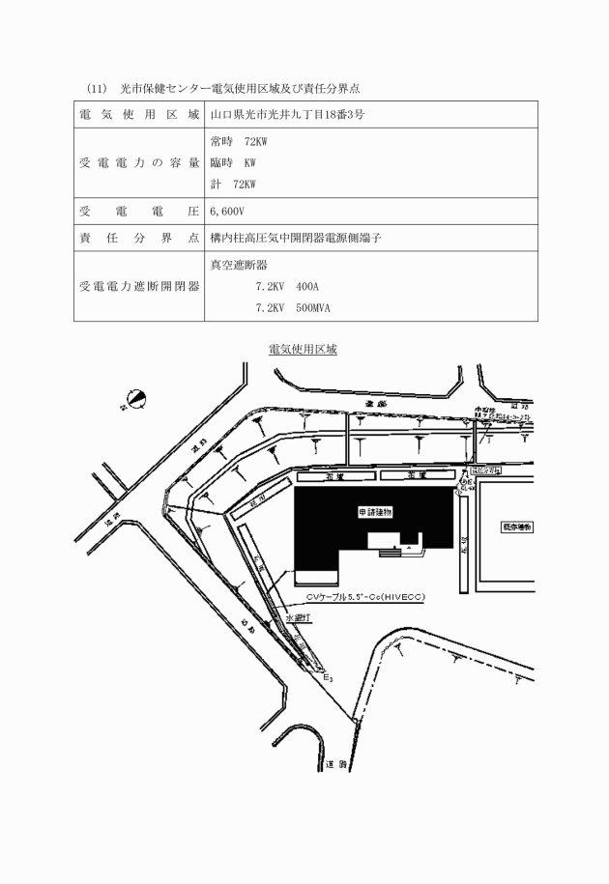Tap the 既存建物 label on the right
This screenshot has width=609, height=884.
tap(517, 527)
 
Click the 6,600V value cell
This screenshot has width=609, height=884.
tap(228, 211)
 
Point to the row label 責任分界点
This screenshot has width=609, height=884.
tap(139, 238)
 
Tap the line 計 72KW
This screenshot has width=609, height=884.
tap(238, 184)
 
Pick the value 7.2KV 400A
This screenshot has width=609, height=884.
tap(286, 287)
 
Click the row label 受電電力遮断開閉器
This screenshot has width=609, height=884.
tap(139, 286)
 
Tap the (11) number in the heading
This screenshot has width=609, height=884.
tap(96, 88)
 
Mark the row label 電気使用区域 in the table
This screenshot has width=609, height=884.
tap(139, 115)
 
